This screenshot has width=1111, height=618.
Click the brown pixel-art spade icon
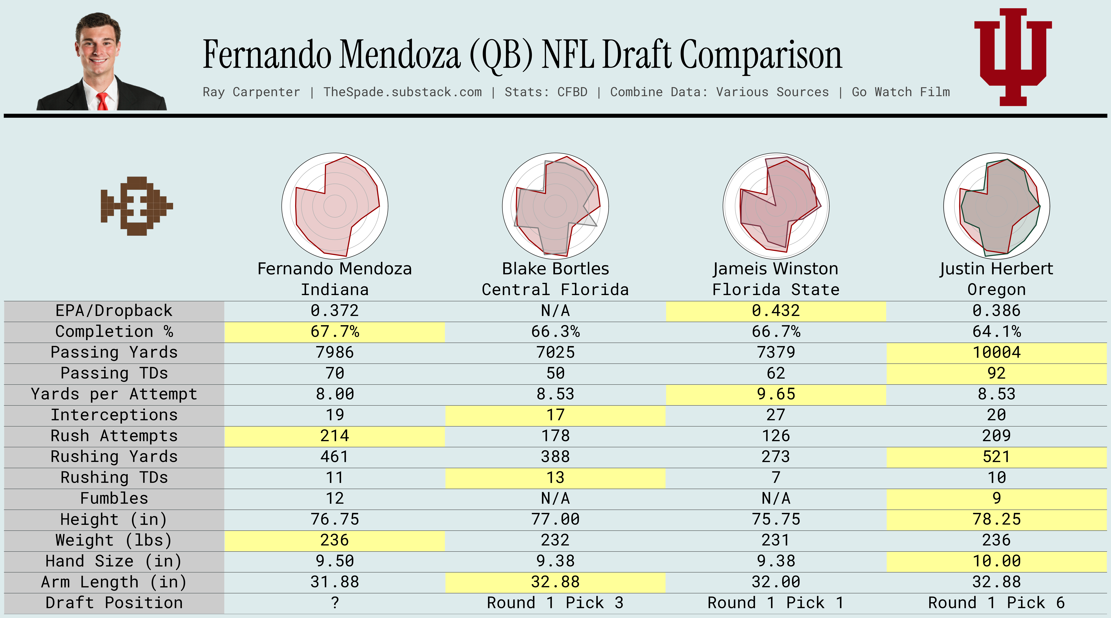136,206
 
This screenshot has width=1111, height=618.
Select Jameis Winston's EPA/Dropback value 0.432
775,311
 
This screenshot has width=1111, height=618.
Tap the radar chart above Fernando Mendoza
335,206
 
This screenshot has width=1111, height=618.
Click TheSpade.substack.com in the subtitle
402,92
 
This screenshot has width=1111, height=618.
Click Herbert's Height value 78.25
996,519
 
